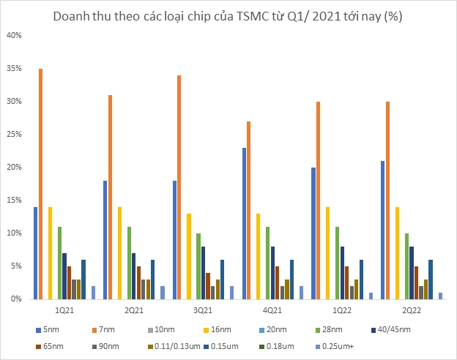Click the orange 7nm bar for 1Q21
point(40,184)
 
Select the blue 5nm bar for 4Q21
point(244,223)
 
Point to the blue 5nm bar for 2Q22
point(383,230)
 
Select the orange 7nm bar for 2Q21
point(110,197)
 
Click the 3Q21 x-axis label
point(202,310)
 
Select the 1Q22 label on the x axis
point(341,310)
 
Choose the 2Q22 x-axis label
point(410,310)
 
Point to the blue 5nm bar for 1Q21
point(35,252)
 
